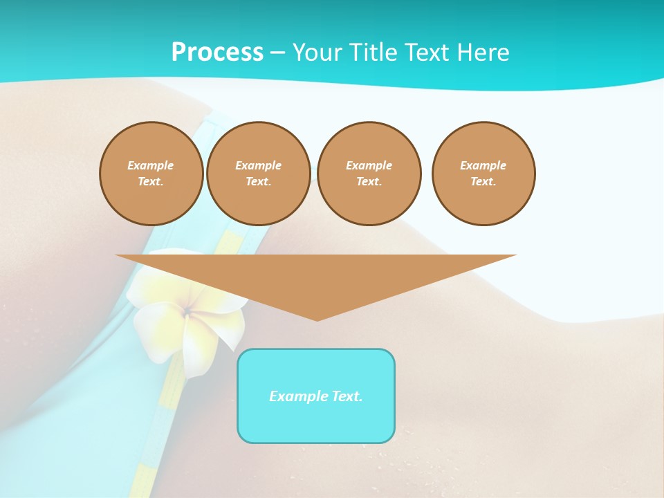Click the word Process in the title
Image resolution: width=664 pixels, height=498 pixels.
[x=217, y=52]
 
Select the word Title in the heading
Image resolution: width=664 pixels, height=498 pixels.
[x=378, y=53]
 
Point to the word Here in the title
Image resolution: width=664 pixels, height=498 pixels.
[x=483, y=53]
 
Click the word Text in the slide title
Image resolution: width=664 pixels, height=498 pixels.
[x=430, y=53]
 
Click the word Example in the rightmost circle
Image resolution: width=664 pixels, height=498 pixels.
[x=483, y=165]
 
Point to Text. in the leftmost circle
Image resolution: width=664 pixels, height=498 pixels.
[x=151, y=182]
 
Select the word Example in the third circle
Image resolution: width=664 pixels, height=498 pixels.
[x=369, y=165]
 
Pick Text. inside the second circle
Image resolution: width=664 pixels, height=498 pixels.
[x=258, y=182]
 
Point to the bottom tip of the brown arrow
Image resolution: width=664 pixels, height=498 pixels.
[x=317, y=320]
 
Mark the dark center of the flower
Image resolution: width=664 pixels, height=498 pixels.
[x=187, y=313]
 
